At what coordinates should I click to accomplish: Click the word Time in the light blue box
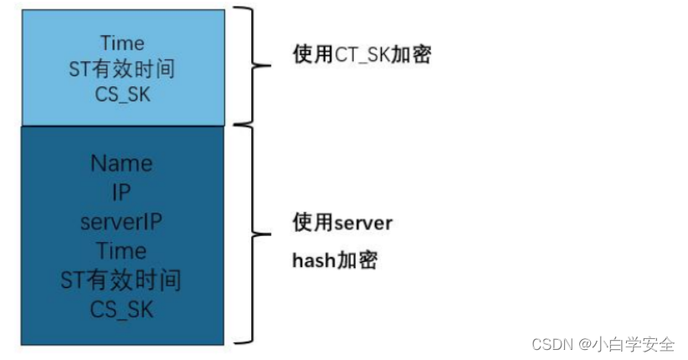122,43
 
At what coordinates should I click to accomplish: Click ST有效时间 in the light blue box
122,69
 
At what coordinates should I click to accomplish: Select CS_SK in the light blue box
122,94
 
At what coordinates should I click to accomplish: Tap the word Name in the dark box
122,163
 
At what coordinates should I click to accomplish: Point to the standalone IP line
122,193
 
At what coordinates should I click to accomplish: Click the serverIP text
122,222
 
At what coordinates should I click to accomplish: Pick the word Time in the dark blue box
122,251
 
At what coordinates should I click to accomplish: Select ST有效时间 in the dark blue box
122,280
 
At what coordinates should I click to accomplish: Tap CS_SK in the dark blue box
122,310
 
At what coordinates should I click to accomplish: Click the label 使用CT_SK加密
362,56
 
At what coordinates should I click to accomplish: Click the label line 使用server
342,223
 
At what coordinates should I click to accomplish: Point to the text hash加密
335,260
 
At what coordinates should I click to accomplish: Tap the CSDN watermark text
551,344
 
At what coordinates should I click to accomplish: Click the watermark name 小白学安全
634,344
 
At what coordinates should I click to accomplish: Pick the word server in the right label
363,223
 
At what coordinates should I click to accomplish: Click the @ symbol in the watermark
582,344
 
